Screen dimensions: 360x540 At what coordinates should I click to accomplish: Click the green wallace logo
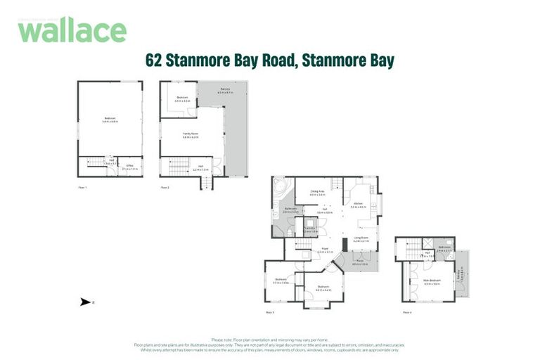pos(72,30)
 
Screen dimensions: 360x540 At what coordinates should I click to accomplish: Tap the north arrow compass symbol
pos(85,302)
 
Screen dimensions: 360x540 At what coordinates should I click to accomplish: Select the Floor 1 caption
pos(82,188)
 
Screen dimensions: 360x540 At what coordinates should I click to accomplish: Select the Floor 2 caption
pos(165,188)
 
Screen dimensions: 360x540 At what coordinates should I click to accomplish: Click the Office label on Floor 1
pos(130,167)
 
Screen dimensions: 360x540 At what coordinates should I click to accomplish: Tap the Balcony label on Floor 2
pos(225,91)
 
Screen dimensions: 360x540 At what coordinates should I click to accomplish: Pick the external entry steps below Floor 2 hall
pos(205,183)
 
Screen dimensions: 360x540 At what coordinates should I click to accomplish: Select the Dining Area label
pos(317,192)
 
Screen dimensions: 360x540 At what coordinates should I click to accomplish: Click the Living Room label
pos(361,239)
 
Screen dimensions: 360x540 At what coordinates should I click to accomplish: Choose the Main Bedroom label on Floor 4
pos(432,282)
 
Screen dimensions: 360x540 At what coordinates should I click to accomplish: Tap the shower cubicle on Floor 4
pos(428,244)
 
